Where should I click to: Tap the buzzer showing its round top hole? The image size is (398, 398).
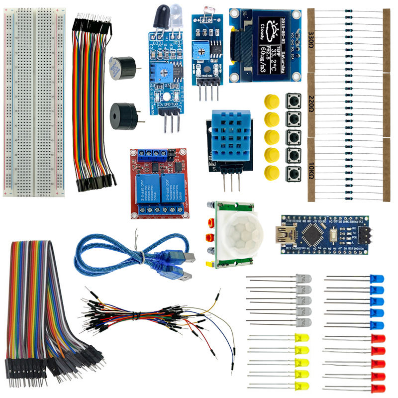pyautogui.click(x=122, y=115)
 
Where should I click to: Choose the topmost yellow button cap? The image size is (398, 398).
pyautogui.click(x=271, y=101)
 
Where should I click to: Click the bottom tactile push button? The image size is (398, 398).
pyautogui.click(x=293, y=174)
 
